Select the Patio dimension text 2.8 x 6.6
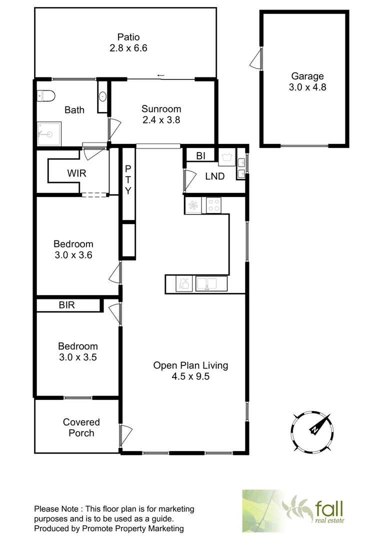tap(128, 48)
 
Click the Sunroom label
tap(161, 108)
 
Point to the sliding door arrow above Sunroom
tap(160, 75)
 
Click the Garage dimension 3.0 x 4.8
tap(307, 87)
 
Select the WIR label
tap(77, 173)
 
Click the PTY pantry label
tap(128, 179)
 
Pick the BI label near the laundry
tap(200, 156)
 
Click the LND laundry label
tap(214, 176)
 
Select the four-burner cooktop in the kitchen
tap(214, 205)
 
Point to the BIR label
tap(66, 304)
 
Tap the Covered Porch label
tap(81, 427)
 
